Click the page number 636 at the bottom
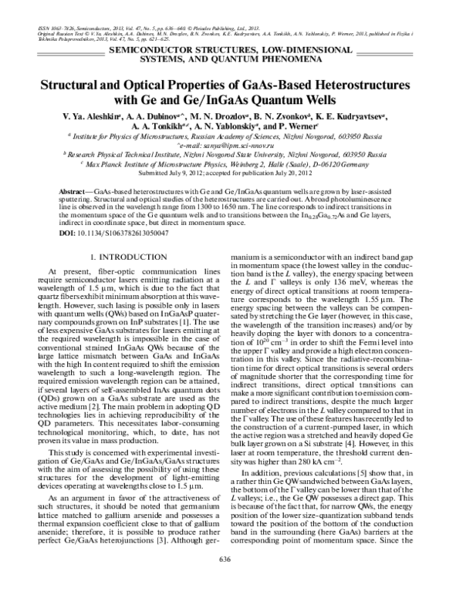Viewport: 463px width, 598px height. pos(231,580)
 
